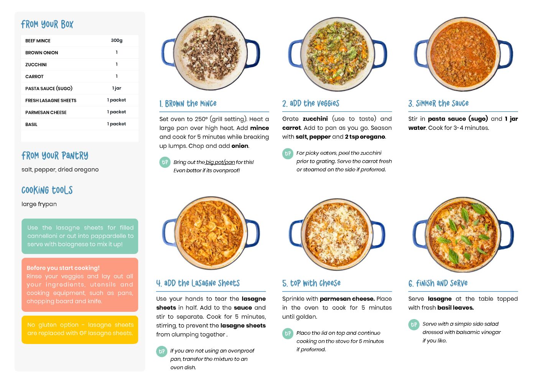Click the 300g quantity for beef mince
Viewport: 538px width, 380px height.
click(117, 40)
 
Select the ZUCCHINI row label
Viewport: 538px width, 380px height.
click(36, 64)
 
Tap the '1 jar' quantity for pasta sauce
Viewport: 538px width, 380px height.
click(117, 88)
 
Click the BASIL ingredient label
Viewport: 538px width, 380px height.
click(31, 124)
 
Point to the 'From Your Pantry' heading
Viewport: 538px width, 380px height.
click(55, 156)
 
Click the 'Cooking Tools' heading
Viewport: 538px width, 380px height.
click(47, 190)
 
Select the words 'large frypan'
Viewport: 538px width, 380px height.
click(39, 204)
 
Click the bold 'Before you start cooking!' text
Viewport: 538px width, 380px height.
click(63, 268)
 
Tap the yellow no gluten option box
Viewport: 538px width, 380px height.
click(80, 329)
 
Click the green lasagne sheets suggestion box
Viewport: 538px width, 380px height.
click(80, 236)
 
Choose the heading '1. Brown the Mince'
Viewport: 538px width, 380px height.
click(188, 103)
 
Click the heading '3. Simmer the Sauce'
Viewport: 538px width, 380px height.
click(438, 103)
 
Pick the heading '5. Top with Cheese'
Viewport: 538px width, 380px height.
click(311, 283)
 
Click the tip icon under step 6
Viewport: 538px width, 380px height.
click(414, 324)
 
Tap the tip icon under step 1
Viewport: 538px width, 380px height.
click(165, 162)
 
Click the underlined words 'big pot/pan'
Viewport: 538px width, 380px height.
click(220, 162)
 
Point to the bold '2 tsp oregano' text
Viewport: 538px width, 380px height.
click(365, 137)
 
